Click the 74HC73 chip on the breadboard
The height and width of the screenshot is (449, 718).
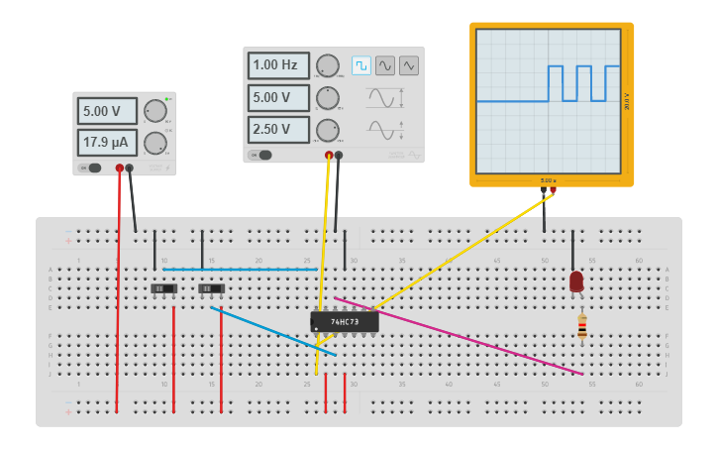pos(345,321)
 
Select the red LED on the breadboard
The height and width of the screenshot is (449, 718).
pos(576,281)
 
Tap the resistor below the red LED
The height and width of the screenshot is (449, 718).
pos(582,326)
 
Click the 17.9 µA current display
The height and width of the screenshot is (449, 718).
pos(107,143)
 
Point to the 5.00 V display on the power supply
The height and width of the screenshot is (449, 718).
pos(107,111)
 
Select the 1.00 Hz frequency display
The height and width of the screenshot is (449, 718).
pos(277,66)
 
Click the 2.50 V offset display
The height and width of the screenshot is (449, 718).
pos(277,130)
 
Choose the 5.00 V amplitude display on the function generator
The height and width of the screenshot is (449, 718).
pos(277,98)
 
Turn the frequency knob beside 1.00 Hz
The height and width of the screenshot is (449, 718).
pos(327,66)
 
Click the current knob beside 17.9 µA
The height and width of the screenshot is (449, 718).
pos(154,143)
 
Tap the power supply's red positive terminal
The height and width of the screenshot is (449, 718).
pos(120,168)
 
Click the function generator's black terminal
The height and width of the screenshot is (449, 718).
pos(339,155)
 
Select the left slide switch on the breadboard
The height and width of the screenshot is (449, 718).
pos(163,289)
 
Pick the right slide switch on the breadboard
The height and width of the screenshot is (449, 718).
pos(211,289)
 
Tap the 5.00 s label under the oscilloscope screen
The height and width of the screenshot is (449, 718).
pos(548,180)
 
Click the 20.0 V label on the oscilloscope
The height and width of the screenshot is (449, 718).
pos(626,101)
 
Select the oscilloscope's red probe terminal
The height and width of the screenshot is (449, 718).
pos(553,190)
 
